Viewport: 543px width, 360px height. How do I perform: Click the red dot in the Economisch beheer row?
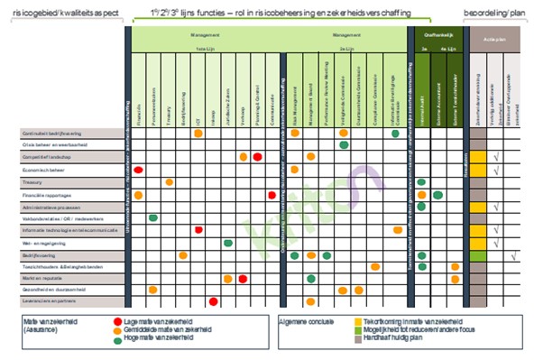pyautogui.click(x=139, y=170)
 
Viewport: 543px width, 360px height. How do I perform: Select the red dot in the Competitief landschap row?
pyautogui.click(x=258, y=157)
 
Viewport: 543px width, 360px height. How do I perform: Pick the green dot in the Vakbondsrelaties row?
pyautogui.click(x=153, y=218)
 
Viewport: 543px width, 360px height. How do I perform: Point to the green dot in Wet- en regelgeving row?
pyautogui.click(x=227, y=243)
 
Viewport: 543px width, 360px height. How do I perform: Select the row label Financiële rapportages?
pyautogui.click(x=51, y=194)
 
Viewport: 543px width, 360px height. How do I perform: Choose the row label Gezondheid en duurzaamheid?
pyautogui.click(x=54, y=291)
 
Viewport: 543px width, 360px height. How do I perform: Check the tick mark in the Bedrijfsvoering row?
pyautogui.click(x=512, y=255)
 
